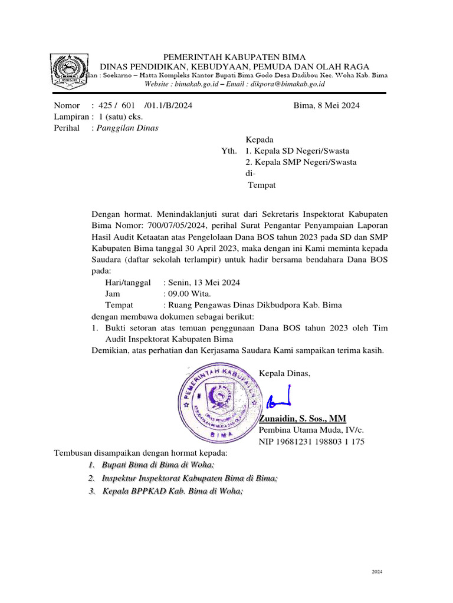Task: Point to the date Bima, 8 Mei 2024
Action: pos(326,106)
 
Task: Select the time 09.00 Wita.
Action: pos(187,294)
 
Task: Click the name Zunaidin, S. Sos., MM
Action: pos(303,419)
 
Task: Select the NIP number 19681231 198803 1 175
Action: pos(311,442)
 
